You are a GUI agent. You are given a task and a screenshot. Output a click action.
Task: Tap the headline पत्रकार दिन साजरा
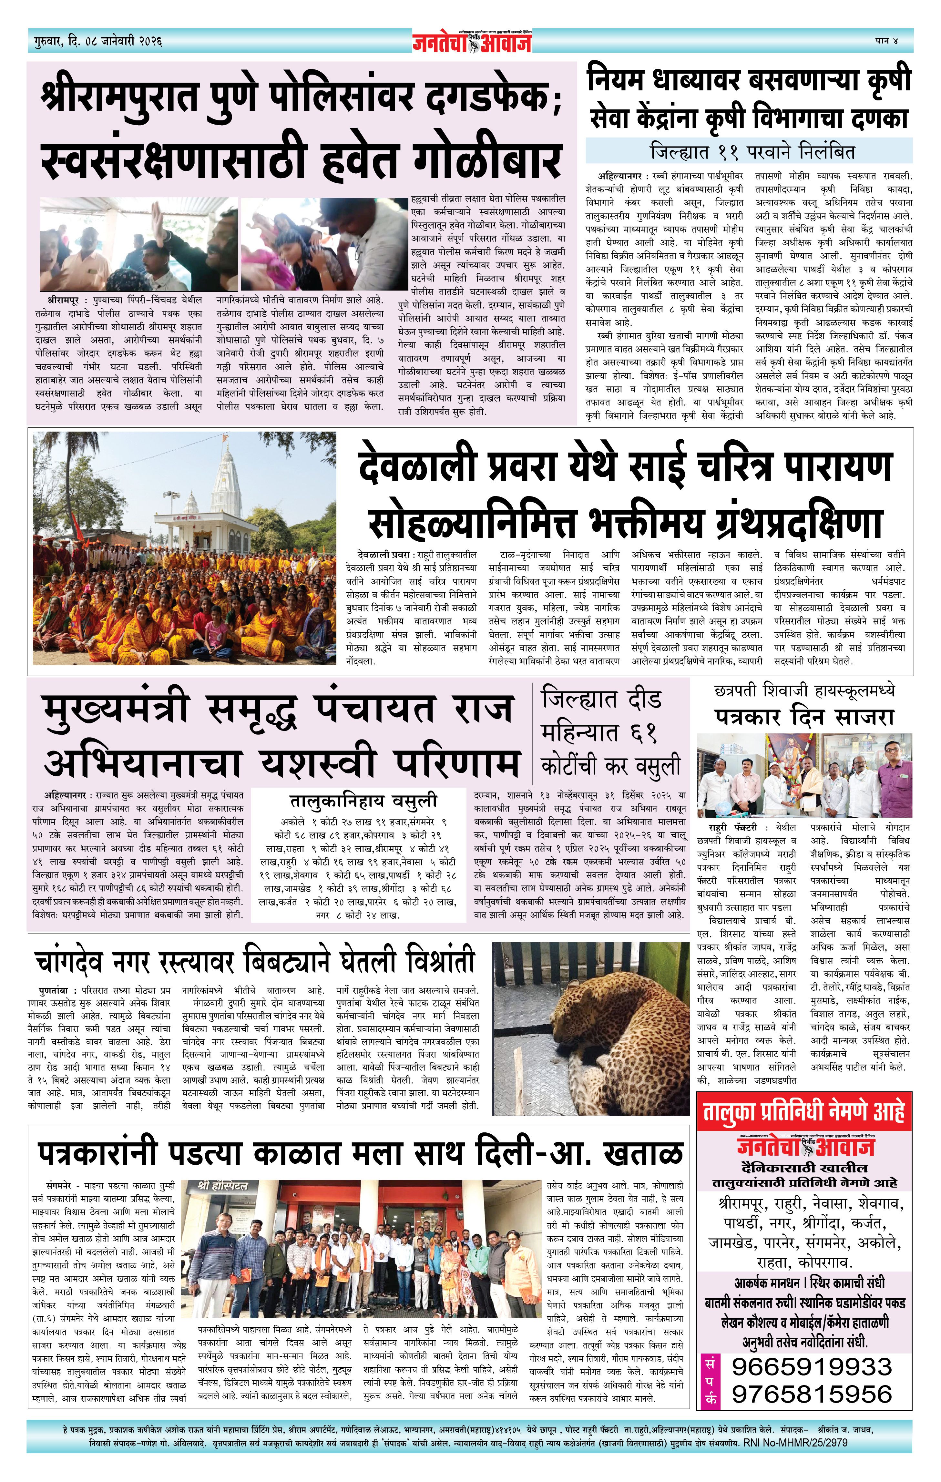coord(804,716)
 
